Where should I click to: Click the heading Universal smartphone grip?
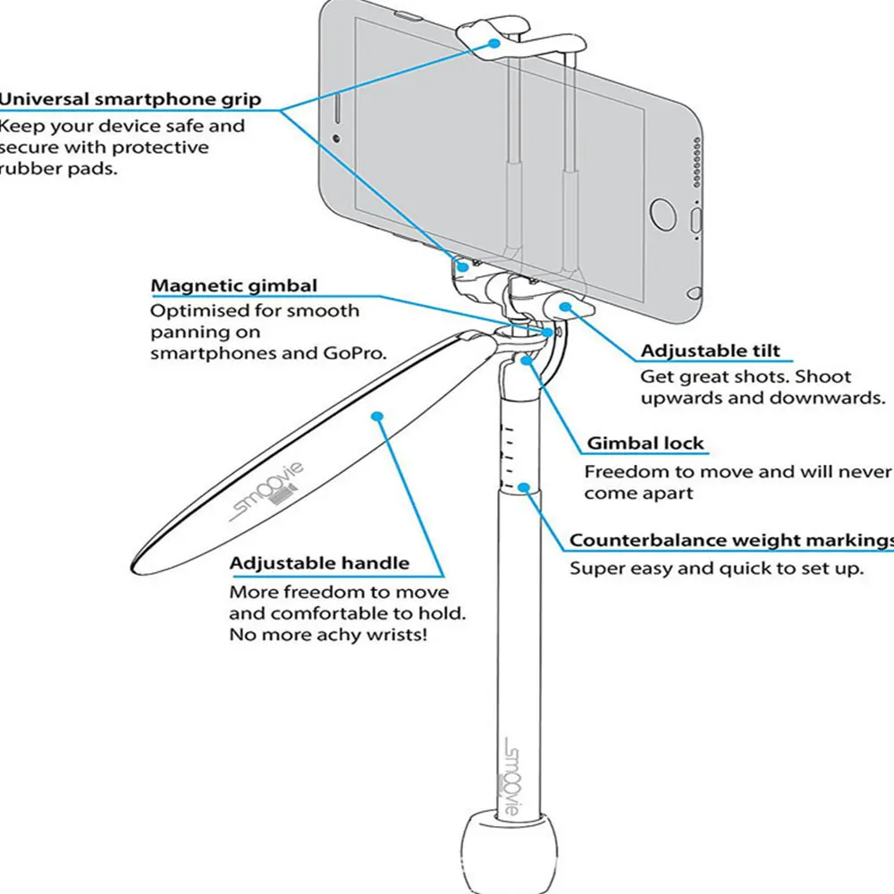pos(131,99)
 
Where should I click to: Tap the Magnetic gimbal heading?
pos(233,286)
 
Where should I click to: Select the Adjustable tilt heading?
pos(710,350)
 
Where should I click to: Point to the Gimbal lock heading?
pos(645,443)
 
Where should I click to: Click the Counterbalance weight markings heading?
pos(731,540)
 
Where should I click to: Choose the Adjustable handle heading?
pos(319,563)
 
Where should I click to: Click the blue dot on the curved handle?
pos(377,416)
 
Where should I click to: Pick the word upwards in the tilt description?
pos(681,397)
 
